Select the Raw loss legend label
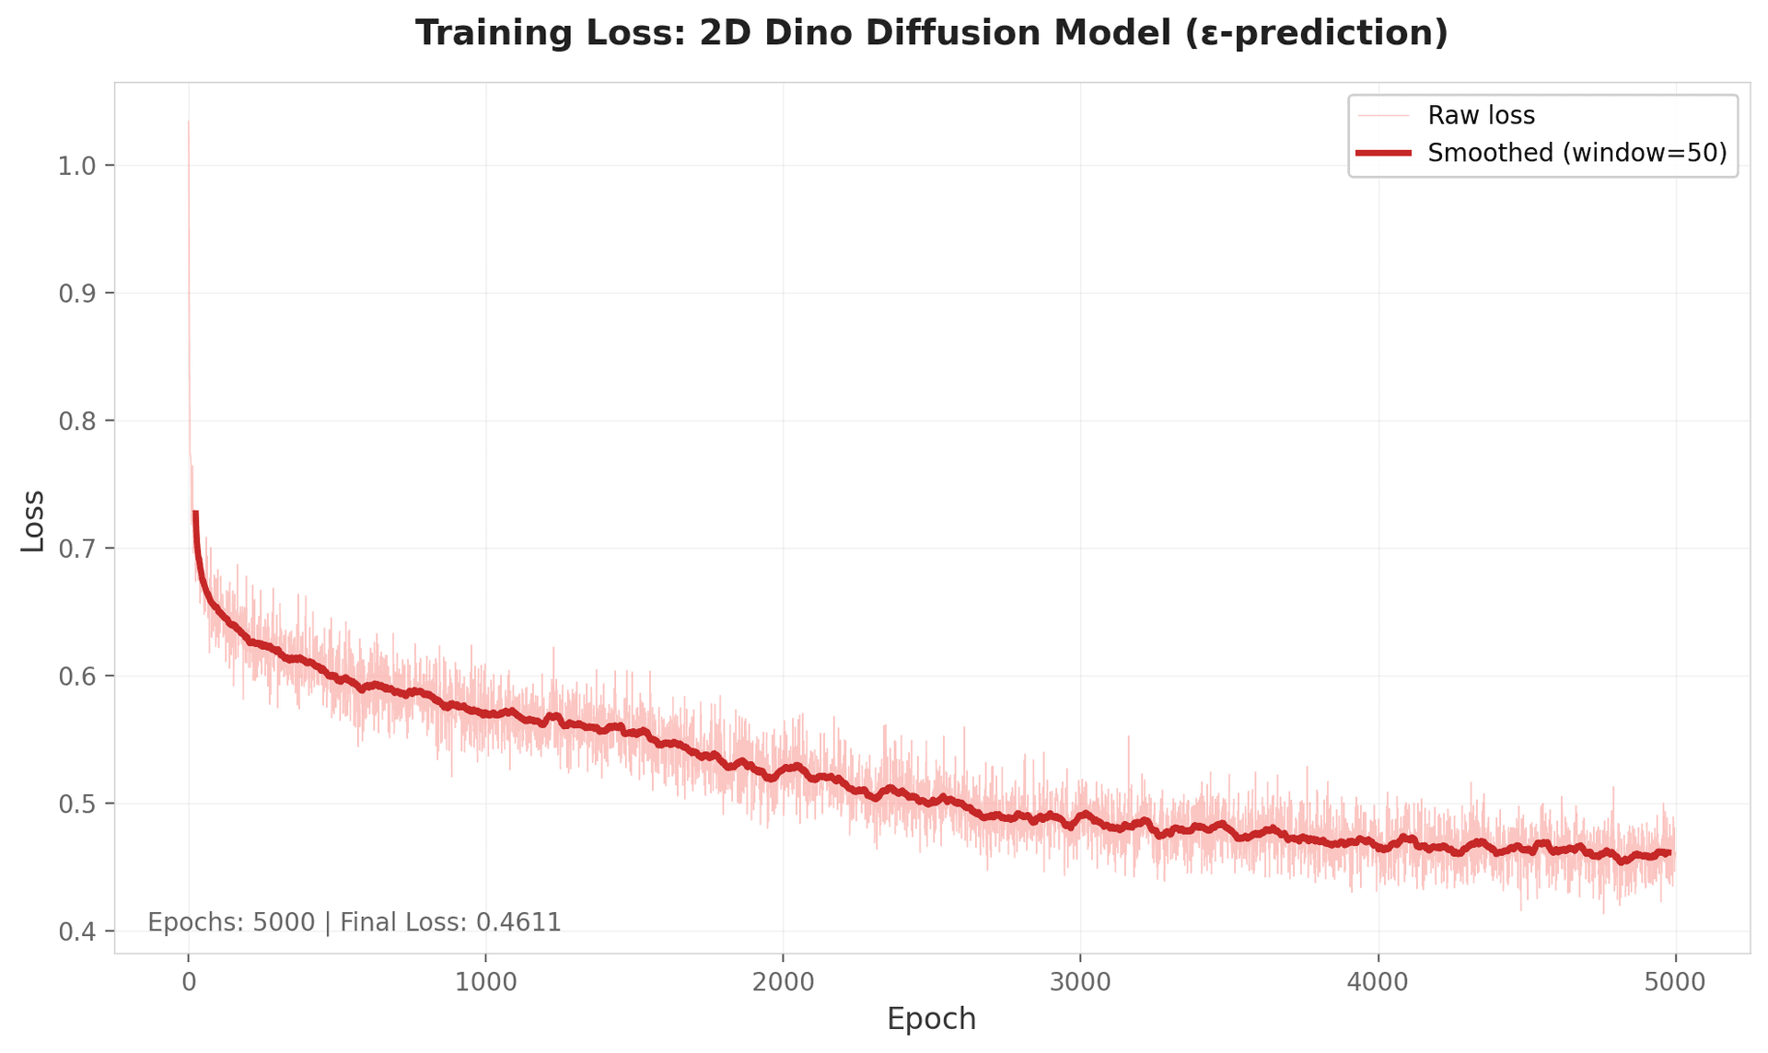[x=1481, y=116]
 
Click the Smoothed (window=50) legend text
[x=1576, y=153]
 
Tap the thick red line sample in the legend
[x=1383, y=153]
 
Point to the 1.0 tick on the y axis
[x=76, y=166]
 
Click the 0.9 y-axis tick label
[x=76, y=294]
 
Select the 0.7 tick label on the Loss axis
[x=76, y=549]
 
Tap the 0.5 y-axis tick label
[x=76, y=804]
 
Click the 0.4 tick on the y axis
[x=76, y=931]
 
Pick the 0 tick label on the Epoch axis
[x=189, y=982]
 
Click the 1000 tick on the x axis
[x=485, y=982]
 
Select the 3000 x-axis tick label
[x=1080, y=982]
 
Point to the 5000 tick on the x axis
[x=1675, y=982]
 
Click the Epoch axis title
[x=931, y=1020]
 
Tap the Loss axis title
[x=33, y=521]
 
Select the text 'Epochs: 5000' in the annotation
[x=231, y=922]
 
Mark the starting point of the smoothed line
[x=195, y=513]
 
